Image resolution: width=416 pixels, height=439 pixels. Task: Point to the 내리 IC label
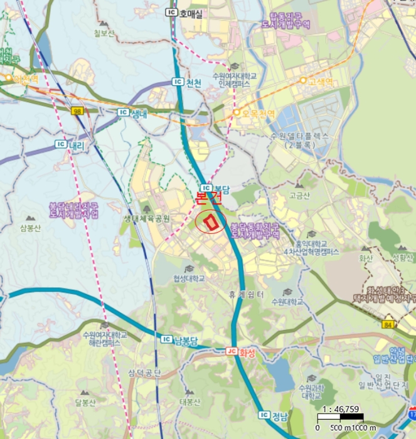70,144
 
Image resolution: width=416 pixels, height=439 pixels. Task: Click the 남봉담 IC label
180,339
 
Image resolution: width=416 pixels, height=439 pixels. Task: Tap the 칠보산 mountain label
104,33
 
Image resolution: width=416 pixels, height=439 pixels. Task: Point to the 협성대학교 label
189,278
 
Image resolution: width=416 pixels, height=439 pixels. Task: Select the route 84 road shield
389,324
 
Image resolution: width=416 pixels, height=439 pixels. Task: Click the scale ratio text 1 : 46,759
339,410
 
